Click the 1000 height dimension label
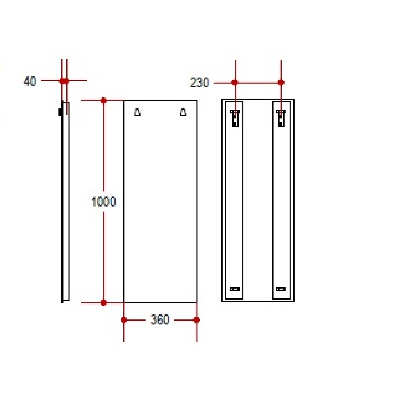tap(104, 201)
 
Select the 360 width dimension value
tap(160, 320)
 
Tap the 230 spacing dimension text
tap(199, 83)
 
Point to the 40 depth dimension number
tap(30, 81)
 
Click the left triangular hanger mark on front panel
tap(138, 112)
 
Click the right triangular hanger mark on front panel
tap(183, 112)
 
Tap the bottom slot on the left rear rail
tap(235, 289)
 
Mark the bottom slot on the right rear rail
tap(281, 289)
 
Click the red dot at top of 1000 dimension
tap(104, 100)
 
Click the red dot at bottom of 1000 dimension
tap(104, 303)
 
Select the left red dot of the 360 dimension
tap(124, 320)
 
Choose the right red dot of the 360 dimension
tap(197, 320)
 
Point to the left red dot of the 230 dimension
tap(235, 82)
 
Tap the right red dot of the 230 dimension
tap(281, 82)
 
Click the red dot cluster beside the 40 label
tap(64, 80)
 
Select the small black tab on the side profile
tap(60, 112)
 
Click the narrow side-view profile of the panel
tap(65, 201)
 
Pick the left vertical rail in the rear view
tap(234, 201)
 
